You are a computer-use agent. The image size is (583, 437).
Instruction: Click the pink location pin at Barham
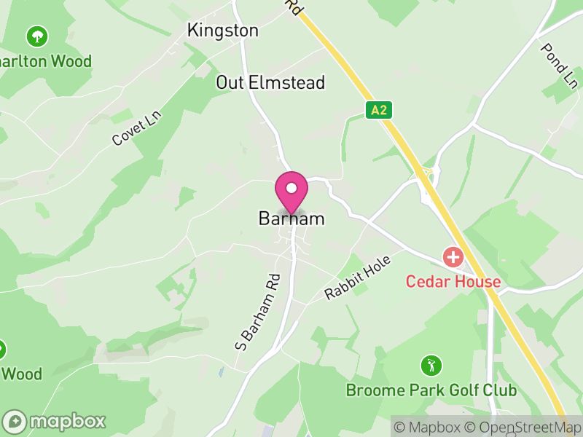[291, 189]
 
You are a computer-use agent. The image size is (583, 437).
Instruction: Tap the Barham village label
[291, 219]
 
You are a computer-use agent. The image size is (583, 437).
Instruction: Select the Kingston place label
[223, 31]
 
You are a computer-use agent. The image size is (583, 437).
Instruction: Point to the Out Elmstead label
[270, 83]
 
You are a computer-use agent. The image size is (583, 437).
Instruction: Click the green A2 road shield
[378, 110]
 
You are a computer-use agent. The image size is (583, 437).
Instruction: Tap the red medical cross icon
[453, 257]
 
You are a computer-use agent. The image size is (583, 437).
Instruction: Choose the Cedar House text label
[453, 282]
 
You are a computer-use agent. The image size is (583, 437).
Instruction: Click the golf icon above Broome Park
[431, 364]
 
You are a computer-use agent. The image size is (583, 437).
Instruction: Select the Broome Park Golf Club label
[431, 390]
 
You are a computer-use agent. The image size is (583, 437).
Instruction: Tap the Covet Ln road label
[136, 128]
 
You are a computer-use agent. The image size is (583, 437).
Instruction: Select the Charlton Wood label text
[45, 61]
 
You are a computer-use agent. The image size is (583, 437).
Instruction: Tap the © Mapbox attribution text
[431, 427]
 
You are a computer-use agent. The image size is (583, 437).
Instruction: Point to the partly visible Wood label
[22, 374]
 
